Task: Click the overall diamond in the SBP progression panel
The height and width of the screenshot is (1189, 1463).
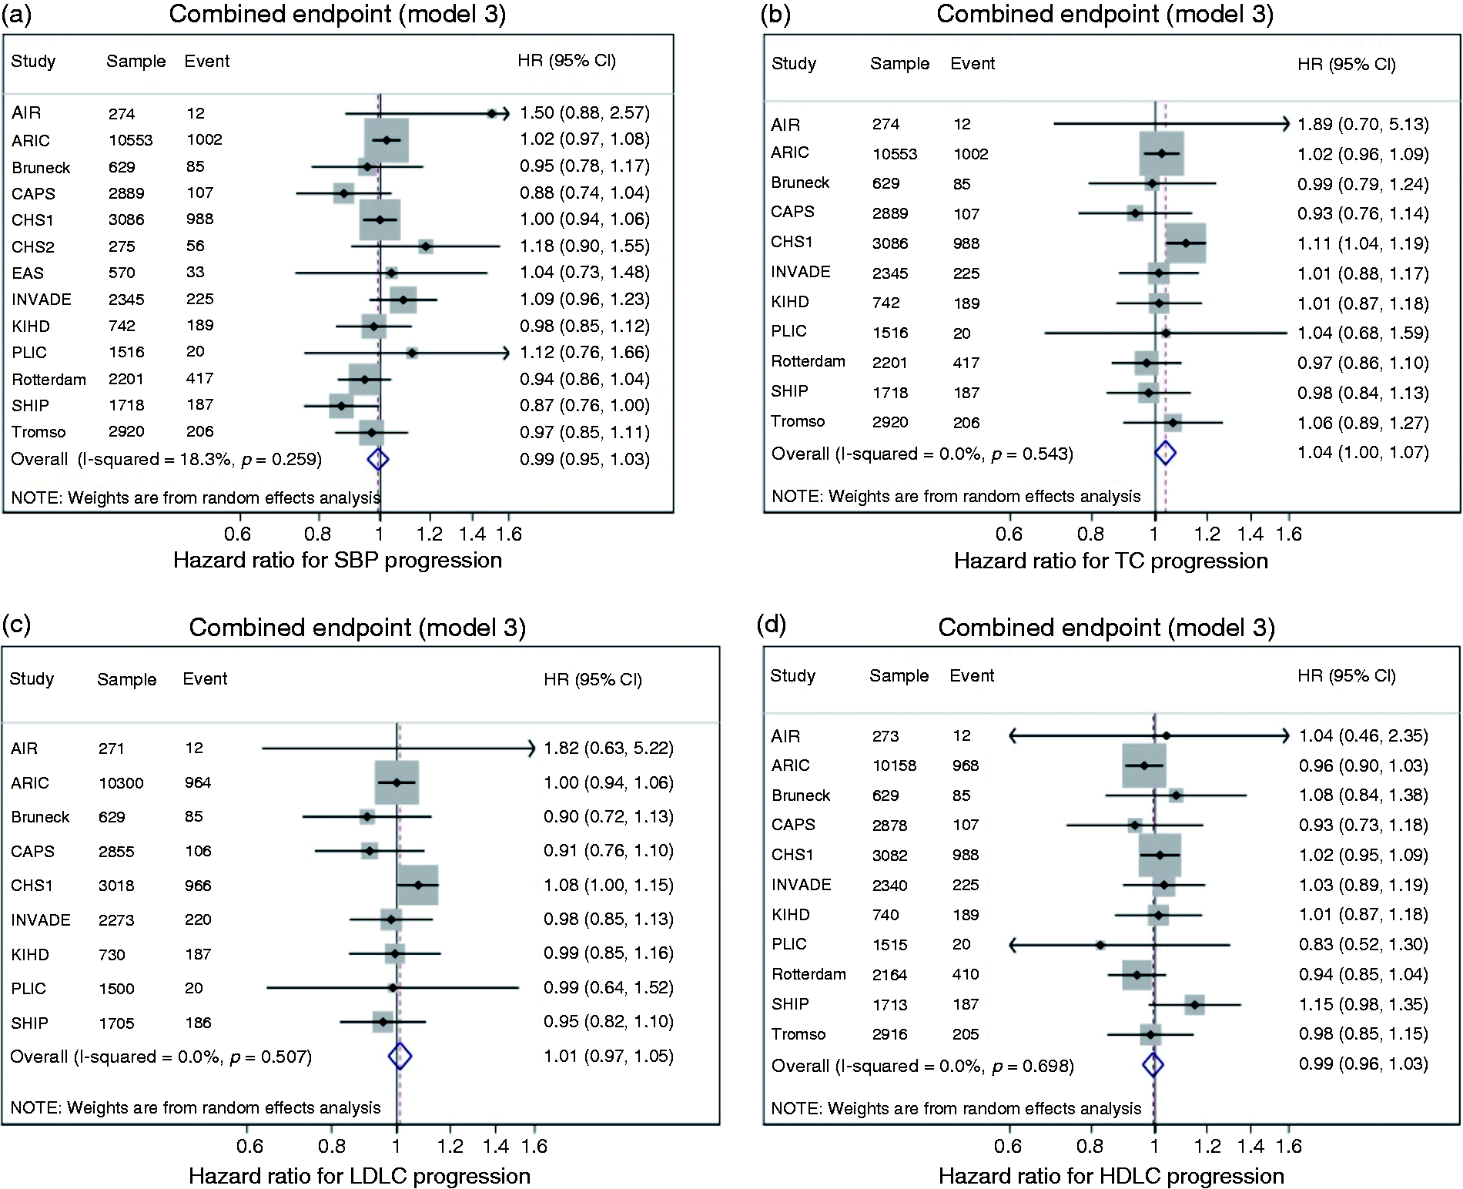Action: coord(377,459)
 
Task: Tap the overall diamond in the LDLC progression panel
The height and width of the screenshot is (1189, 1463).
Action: coord(400,1056)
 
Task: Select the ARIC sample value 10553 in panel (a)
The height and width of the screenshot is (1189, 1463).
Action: coord(130,140)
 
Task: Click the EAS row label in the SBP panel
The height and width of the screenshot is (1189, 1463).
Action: coord(28,273)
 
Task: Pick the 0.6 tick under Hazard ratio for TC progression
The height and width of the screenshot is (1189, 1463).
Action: coord(1009,534)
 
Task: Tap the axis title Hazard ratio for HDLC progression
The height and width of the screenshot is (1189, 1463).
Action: coord(1111,1176)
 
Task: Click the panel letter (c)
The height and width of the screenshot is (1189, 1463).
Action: coord(16,624)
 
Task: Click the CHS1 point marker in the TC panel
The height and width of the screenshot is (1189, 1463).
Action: coord(1186,243)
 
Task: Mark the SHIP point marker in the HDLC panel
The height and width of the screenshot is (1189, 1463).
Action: coord(1194,1004)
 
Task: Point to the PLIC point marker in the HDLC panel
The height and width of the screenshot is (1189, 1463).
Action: coord(1100,945)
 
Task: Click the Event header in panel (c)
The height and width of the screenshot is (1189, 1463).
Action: coord(205,678)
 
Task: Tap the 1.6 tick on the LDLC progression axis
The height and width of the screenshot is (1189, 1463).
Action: coord(534,1146)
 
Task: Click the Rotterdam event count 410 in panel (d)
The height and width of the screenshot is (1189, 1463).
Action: coord(966,974)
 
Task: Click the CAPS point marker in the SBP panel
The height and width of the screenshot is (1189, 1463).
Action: coord(343,193)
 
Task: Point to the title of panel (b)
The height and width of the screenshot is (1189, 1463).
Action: coord(1105,14)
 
